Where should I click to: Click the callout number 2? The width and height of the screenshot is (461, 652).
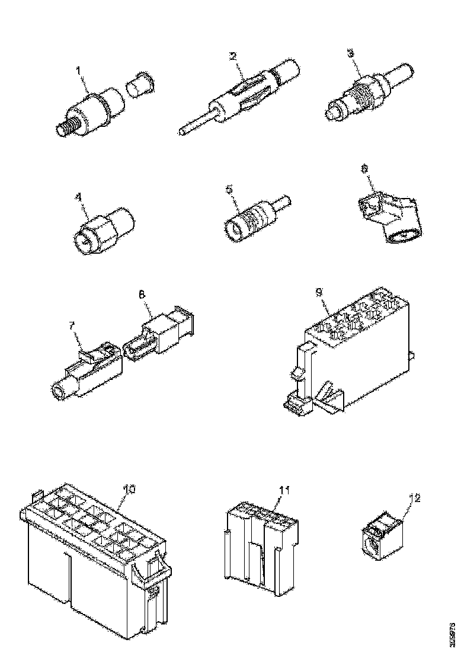click(x=233, y=56)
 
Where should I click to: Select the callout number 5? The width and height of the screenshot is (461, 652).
click(x=230, y=190)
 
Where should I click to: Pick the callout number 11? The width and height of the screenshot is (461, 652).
click(x=284, y=490)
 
